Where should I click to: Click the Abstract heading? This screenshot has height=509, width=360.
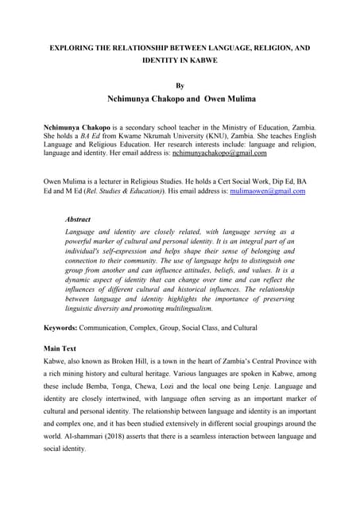78,219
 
